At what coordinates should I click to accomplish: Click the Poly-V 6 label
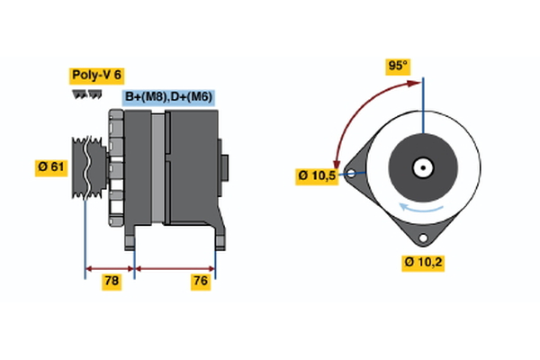coord(97,76)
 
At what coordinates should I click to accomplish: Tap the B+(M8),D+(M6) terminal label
coord(167,97)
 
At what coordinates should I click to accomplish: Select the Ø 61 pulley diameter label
coord(50,166)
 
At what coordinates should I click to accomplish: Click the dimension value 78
coord(111,282)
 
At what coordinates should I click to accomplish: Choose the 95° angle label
coord(398,66)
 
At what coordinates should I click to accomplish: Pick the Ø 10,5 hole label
coord(317,175)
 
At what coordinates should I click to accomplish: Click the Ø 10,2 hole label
coord(423,262)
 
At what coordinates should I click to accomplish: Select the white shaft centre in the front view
coord(420,167)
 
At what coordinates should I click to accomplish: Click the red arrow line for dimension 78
coord(110,267)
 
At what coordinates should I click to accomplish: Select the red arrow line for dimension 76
coord(175,267)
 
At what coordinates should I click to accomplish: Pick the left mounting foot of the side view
coord(130,238)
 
